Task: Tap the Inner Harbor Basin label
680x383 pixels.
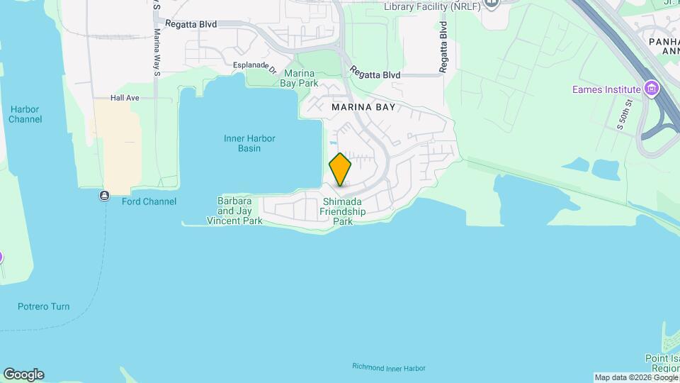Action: [249, 143]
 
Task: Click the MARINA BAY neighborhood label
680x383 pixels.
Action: [363, 107]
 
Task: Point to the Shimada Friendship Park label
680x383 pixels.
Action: [343, 211]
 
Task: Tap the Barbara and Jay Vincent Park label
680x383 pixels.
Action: [234, 211]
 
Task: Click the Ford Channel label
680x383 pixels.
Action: [149, 201]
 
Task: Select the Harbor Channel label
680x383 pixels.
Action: [25, 114]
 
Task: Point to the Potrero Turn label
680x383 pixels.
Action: [44, 306]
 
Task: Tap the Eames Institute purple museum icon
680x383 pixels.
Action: [652, 89]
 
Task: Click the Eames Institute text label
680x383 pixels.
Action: [607, 90]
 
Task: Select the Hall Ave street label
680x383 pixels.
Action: [125, 98]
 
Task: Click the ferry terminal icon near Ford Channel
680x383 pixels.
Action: [105, 195]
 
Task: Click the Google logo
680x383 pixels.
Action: [23, 374]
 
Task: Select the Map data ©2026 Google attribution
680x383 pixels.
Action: [636, 377]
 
